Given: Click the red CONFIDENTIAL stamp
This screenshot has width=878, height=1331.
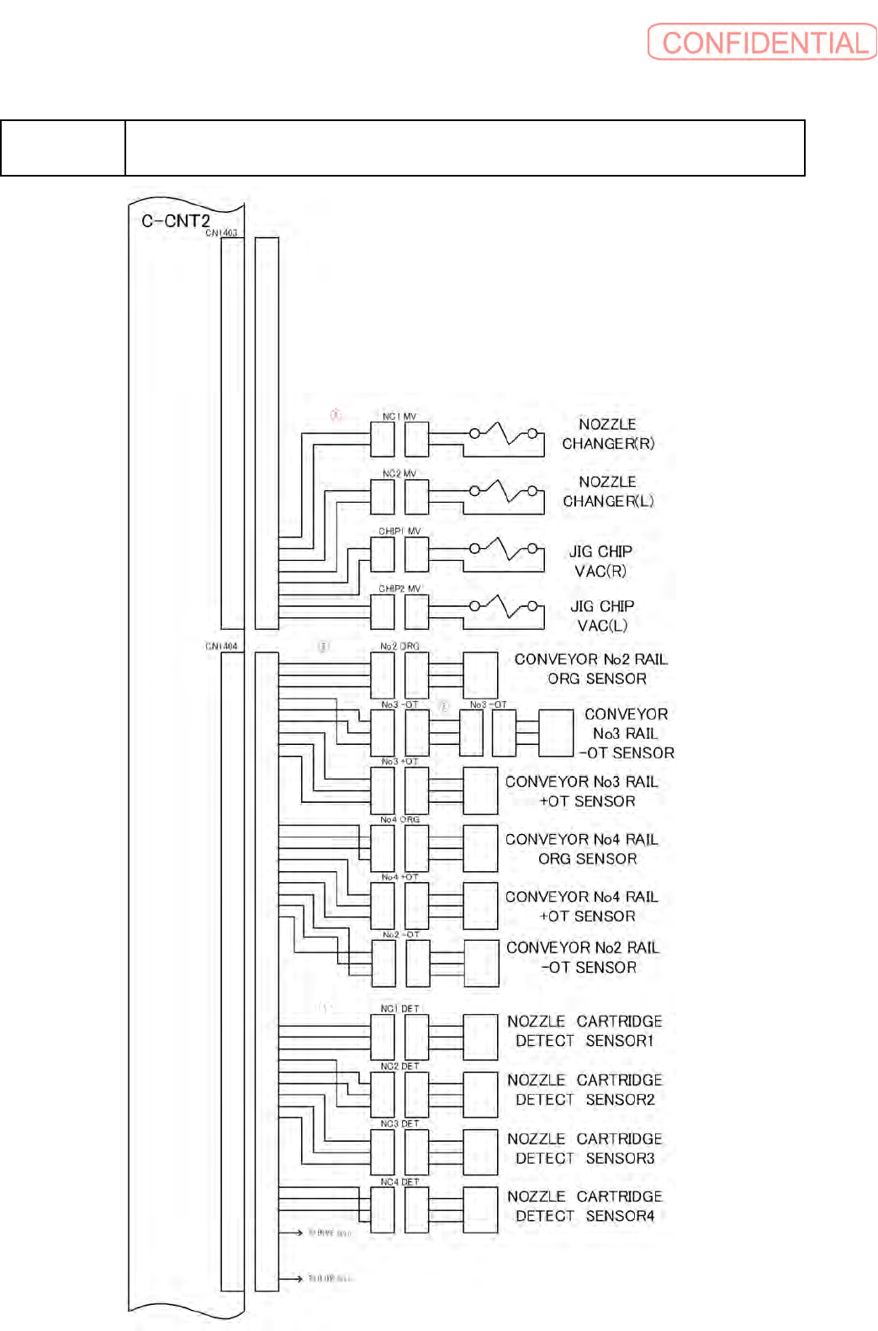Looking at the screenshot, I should click(x=762, y=42).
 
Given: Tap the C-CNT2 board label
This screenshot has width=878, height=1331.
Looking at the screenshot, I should click(x=175, y=220).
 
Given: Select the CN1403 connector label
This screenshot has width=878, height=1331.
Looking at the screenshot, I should click(x=221, y=233).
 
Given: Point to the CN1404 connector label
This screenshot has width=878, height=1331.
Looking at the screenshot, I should click(x=221, y=646).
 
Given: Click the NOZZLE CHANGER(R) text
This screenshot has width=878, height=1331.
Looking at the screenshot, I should click(x=608, y=434).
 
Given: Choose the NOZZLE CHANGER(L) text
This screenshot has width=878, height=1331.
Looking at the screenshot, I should click(x=608, y=491).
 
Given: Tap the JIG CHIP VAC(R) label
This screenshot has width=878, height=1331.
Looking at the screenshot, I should click(x=600, y=561).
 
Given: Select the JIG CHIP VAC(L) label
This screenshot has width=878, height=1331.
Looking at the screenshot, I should click(x=602, y=615).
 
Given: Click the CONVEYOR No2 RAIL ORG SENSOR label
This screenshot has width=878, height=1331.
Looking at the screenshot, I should click(x=590, y=668).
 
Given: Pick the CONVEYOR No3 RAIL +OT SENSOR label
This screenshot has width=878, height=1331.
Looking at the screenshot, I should click(x=582, y=791).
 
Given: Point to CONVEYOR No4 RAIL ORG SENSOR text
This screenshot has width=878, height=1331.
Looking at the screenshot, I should click(x=582, y=848).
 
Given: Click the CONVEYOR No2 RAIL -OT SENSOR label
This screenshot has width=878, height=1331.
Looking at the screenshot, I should click(x=583, y=957).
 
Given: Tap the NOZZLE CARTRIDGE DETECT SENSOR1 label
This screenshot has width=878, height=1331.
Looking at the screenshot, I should click(x=584, y=1031).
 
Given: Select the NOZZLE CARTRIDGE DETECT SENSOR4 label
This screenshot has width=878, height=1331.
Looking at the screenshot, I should click(x=584, y=1206).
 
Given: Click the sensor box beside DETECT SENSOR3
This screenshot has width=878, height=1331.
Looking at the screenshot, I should click(x=480, y=1151).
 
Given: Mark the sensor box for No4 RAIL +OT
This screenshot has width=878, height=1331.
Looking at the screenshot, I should click(x=480, y=906).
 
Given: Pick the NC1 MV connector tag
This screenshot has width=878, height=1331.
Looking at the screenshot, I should click(x=399, y=416).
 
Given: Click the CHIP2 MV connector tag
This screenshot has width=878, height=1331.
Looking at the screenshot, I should click(x=399, y=589).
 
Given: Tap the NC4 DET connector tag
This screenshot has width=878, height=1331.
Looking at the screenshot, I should click(x=399, y=1181).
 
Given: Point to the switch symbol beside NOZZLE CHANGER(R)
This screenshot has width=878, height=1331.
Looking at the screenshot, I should click(x=504, y=435).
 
